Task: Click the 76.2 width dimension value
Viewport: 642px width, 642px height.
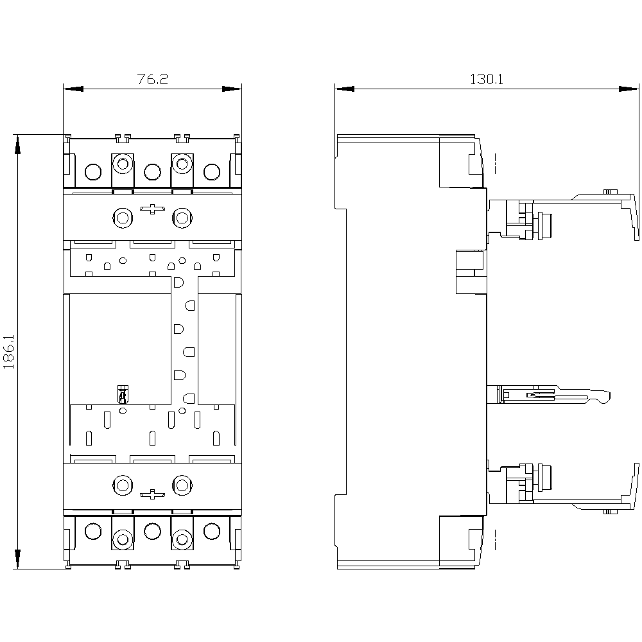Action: pos(152,79)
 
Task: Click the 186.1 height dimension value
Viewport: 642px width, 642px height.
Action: pos(9,352)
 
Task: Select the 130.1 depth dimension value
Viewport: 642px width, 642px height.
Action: pos(487,79)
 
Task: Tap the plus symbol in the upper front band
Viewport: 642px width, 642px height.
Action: pos(152,209)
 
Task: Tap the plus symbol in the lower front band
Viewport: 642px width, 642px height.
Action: pos(152,494)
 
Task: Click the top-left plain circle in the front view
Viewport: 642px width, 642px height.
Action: pos(93,172)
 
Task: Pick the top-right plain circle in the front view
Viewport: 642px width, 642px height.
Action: pos(212,172)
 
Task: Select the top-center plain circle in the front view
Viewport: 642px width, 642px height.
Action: pos(152,172)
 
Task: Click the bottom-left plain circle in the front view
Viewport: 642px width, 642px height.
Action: pos(93,532)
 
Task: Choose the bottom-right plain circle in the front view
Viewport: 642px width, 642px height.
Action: pos(212,532)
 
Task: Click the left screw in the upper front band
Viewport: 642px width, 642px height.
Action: pos(123,218)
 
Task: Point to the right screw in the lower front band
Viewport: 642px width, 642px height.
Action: pos(182,485)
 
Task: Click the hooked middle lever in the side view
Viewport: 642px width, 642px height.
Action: pos(553,395)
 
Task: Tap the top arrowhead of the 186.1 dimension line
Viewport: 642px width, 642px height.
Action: pos(17,144)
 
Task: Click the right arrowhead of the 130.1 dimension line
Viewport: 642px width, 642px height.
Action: pos(629,89)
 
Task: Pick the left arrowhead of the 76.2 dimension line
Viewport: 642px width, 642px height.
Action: pos(73,89)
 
